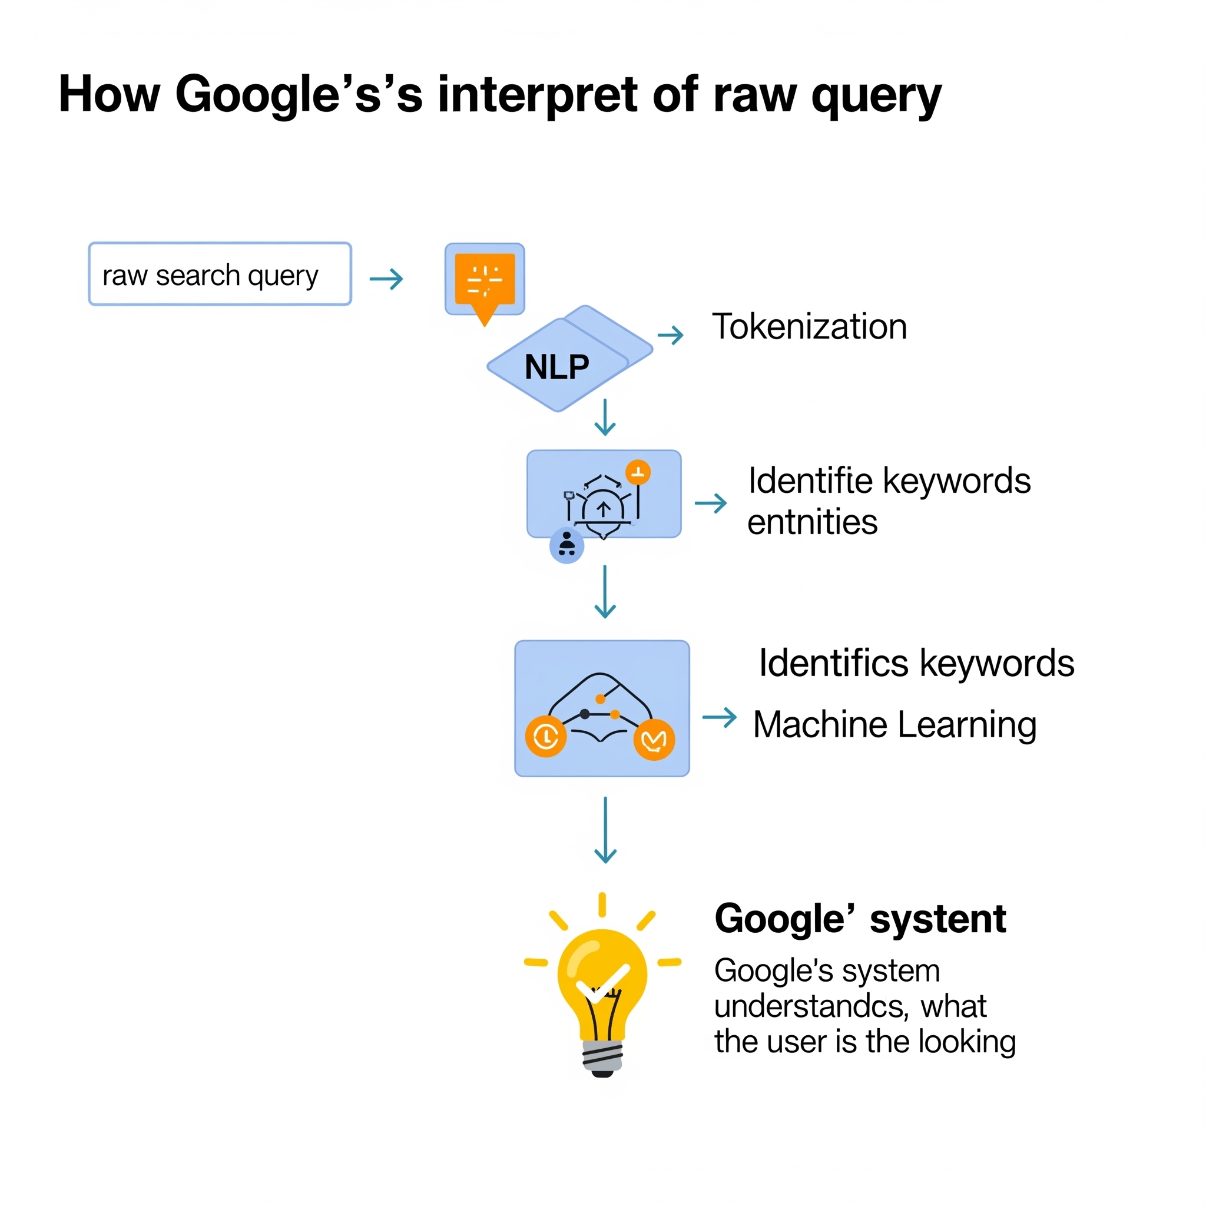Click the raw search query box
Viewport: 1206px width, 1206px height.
click(220, 274)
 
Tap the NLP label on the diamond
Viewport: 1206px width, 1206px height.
click(557, 367)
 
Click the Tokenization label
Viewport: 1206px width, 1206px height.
click(809, 326)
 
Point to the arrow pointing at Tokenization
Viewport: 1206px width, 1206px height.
click(670, 335)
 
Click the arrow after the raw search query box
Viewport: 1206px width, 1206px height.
click(386, 279)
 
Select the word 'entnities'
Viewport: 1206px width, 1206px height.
click(812, 522)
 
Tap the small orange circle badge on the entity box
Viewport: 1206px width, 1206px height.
click(637, 472)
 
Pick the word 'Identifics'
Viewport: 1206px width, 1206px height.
click(833, 663)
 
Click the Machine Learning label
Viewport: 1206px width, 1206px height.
click(894, 725)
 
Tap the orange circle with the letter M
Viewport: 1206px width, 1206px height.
click(654, 740)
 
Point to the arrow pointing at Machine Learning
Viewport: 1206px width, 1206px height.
click(719, 717)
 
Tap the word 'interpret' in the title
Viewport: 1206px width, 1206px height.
click(538, 95)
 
